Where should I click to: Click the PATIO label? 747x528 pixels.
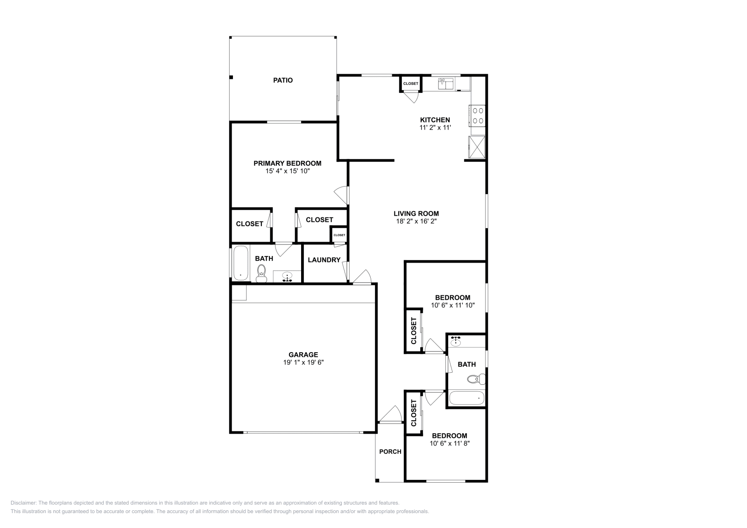pos(283,80)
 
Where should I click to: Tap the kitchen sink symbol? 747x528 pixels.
pos(446,84)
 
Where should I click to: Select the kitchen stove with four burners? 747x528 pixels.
pos(478,115)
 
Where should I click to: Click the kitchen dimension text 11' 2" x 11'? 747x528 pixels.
pos(435,127)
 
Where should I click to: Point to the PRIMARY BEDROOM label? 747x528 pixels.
pos(287,163)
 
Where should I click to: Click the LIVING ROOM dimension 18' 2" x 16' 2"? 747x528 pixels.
pos(416,222)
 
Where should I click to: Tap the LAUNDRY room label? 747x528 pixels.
pos(324,260)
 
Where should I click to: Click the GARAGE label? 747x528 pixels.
pos(303,354)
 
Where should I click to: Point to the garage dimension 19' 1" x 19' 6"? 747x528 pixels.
pos(303,362)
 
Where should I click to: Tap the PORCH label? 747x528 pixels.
pos(390,452)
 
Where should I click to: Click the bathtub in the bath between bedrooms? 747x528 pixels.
pos(467,399)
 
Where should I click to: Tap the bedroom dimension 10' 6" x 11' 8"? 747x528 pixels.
pos(449,444)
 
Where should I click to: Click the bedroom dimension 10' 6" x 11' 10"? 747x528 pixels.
pos(452,305)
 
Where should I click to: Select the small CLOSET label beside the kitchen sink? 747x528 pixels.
pos(411,83)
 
